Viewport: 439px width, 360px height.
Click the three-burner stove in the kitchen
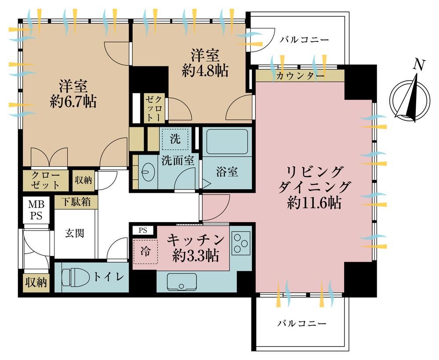pos(241,243)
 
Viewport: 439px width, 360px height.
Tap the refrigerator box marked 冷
pos(145,252)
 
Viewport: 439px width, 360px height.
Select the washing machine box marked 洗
pos(175,139)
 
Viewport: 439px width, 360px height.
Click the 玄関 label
pos(75,233)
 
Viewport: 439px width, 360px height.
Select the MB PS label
pos(36,210)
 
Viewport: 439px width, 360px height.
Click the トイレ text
pos(108,277)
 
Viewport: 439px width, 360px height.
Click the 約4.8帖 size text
pos(205,71)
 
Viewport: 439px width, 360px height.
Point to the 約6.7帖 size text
pos(73,101)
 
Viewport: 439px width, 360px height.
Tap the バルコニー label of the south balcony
pos(302,324)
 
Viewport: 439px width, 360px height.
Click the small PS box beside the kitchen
pos(143,230)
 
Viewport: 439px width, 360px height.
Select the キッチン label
pos(196,240)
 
